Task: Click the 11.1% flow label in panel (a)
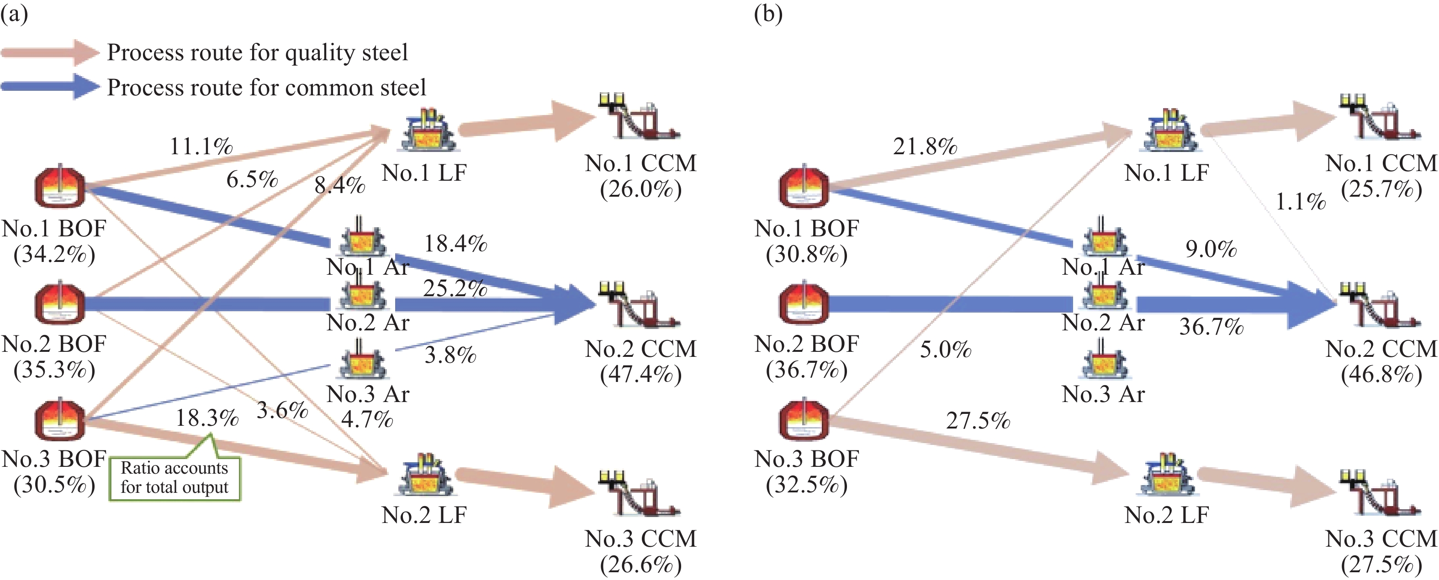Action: (201, 146)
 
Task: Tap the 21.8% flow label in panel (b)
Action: (925, 146)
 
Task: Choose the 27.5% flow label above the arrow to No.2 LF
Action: (978, 420)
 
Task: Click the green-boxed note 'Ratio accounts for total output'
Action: (175, 477)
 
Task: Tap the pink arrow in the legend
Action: (50, 52)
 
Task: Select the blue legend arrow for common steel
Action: (50, 87)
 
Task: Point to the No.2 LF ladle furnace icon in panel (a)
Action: (426, 475)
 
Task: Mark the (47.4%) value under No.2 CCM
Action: (641, 374)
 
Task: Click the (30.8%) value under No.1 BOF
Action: (807, 255)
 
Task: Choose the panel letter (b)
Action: (767, 13)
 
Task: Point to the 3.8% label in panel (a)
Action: (450, 355)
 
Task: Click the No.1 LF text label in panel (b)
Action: (1166, 173)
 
